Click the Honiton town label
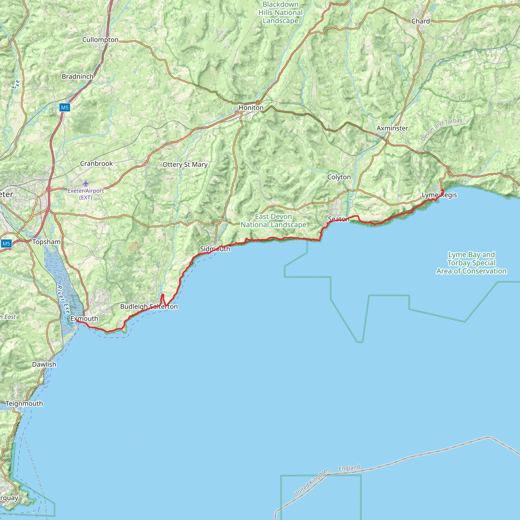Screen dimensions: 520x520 251,108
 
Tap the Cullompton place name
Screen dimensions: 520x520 100,40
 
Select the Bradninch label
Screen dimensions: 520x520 77,77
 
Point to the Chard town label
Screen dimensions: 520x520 420,21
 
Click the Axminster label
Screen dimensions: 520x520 392,128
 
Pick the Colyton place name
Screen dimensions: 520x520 339,177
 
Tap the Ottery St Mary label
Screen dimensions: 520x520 185,165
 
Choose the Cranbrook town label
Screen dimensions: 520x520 96,164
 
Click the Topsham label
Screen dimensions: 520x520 46,242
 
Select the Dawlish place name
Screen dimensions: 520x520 44,364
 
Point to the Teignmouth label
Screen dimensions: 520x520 24,404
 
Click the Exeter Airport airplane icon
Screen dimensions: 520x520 86,184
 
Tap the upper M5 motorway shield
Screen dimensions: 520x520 64,108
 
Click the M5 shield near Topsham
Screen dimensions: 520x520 6,244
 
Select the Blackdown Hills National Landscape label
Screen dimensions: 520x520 281,13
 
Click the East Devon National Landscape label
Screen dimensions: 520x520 273,221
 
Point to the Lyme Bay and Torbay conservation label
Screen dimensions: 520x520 471,263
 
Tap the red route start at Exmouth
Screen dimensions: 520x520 77,321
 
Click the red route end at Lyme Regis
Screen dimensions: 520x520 443,191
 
